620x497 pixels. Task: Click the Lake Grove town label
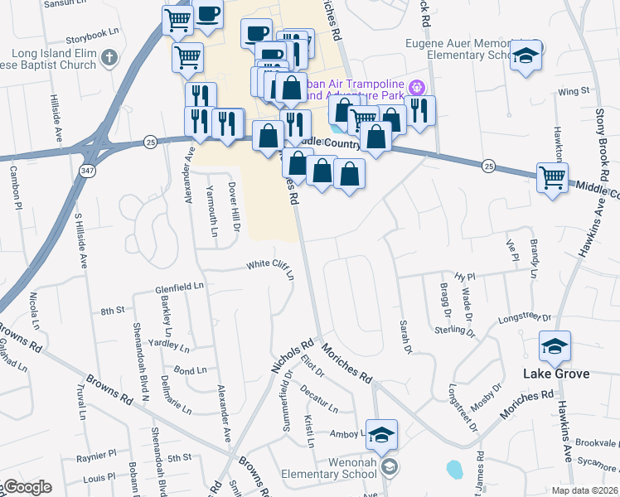(x=556, y=374)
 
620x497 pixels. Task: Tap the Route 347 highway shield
(x=87, y=170)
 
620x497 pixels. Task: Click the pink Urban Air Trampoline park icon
(x=417, y=86)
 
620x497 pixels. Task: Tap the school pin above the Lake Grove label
(x=555, y=345)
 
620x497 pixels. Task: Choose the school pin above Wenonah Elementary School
(x=381, y=434)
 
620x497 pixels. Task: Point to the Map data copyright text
(x=585, y=490)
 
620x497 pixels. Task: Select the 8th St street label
(x=112, y=311)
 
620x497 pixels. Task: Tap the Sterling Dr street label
(x=455, y=331)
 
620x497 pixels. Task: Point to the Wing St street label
(x=567, y=93)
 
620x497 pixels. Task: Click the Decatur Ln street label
(x=319, y=398)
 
